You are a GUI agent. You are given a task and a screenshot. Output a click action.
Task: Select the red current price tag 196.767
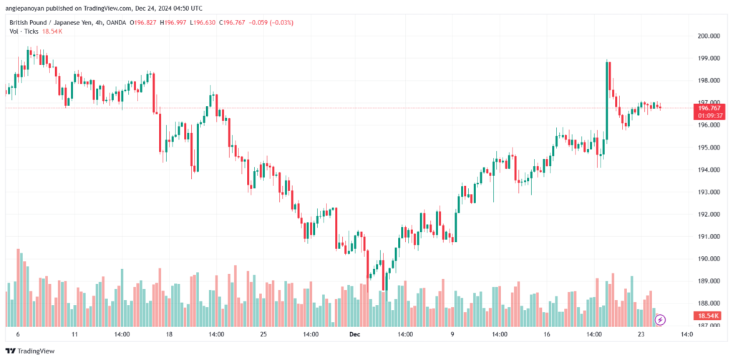[709, 108]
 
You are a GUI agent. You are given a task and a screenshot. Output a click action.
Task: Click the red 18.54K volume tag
[709, 316]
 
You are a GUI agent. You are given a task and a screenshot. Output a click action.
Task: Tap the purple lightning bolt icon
[660, 320]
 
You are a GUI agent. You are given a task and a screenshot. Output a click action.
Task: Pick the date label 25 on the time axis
[263, 335]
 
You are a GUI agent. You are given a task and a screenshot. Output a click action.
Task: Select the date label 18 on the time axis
[169, 335]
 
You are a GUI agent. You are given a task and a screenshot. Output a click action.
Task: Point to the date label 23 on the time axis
[641, 335]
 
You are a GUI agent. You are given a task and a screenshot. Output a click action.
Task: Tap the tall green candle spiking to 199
[606, 100]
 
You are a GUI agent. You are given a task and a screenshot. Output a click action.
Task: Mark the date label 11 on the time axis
[74, 335]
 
